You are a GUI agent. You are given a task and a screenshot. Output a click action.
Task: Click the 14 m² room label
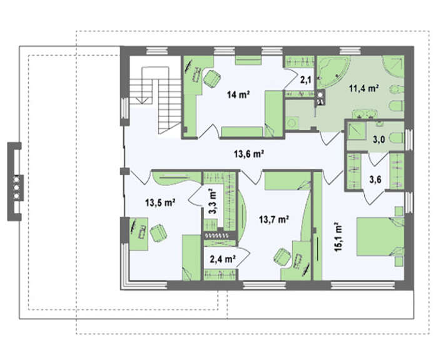238,95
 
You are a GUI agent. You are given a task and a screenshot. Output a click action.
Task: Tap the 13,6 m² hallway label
249,154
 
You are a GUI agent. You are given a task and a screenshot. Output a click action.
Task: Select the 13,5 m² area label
160,202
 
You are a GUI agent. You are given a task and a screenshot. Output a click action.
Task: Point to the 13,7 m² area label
274,219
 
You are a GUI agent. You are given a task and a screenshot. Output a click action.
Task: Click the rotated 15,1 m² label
339,237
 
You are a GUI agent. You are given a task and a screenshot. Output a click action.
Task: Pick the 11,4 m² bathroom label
364,88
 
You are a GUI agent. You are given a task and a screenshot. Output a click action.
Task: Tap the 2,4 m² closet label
222,259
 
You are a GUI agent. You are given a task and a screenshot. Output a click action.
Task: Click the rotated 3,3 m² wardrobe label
213,201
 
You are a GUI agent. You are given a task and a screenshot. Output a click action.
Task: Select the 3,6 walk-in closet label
375,180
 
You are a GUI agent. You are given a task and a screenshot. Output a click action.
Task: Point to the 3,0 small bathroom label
379,139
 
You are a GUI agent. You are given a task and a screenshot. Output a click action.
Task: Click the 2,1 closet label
305,81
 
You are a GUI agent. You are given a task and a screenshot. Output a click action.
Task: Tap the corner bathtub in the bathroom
333,72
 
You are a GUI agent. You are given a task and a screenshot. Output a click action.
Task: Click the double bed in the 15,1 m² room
380,237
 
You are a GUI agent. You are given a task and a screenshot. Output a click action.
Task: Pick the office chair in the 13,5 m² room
158,233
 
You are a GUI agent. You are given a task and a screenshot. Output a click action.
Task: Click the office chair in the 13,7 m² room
282,257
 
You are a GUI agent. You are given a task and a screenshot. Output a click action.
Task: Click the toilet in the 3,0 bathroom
396,138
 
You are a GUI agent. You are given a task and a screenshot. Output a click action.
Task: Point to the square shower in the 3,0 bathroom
357,131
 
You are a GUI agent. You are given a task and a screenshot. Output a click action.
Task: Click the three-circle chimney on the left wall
16,187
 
